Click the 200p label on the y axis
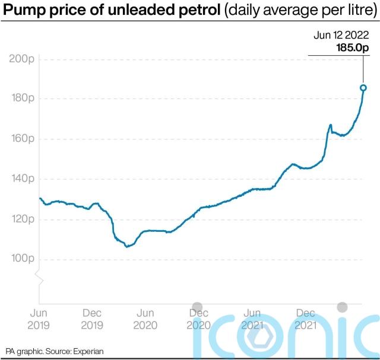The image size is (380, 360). (21, 59)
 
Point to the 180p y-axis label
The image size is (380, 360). (21, 98)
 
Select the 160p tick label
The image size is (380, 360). (21, 139)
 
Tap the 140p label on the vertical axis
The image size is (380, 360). (21, 179)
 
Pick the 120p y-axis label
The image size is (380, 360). (21, 219)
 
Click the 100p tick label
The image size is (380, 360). (21, 259)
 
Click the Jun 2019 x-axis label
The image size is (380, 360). (39, 319)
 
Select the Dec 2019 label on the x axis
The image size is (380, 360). (92, 319)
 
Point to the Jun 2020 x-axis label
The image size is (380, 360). (145, 319)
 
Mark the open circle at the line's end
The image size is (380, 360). (363, 88)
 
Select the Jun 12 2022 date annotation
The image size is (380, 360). (338, 36)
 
